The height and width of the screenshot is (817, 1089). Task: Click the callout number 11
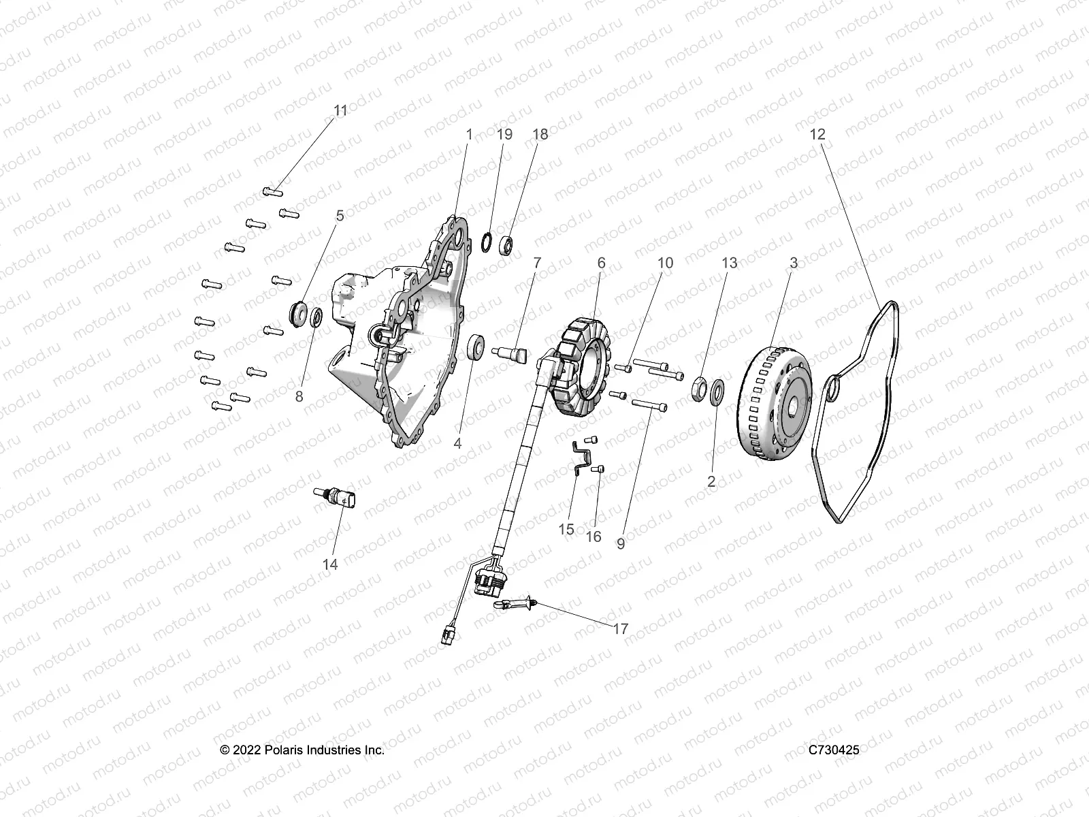(x=340, y=110)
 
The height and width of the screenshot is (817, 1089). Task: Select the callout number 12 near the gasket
(x=817, y=135)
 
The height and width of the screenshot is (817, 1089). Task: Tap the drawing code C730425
(x=834, y=750)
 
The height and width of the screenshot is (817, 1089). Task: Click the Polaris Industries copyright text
(x=303, y=750)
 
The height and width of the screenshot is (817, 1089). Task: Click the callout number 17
(x=621, y=629)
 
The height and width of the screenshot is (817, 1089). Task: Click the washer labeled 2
(x=717, y=393)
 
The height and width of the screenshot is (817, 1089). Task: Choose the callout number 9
(x=620, y=543)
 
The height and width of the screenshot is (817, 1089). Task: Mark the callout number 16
(x=594, y=536)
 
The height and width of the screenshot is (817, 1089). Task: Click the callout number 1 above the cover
(x=469, y=135)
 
